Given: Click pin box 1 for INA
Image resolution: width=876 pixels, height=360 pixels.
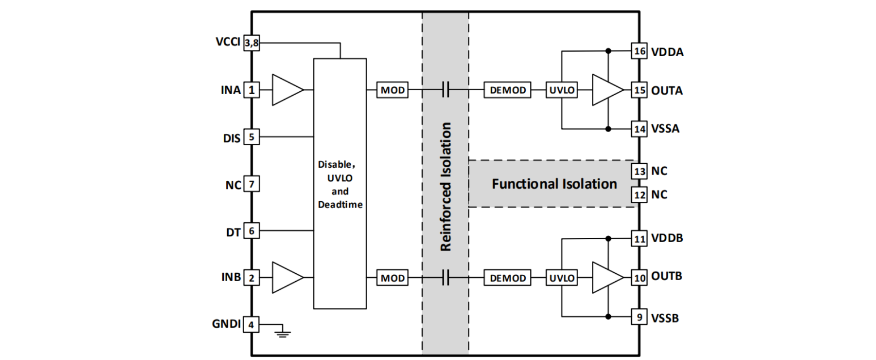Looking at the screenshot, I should point(252,90).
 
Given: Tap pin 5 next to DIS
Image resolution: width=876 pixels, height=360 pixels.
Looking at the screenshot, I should point(252,137).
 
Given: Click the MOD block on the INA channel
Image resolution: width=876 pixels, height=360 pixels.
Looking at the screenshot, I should point(393,90).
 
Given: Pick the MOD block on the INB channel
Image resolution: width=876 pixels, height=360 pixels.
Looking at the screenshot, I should point(393,278).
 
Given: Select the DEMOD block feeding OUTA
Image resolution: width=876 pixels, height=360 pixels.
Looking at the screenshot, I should point(507,90).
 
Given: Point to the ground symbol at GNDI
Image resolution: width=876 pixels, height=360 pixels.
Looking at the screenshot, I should point(281,332).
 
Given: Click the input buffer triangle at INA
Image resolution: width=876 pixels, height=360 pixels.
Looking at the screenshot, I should point(287,90).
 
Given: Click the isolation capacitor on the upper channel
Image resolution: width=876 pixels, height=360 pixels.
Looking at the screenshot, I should point(445,90).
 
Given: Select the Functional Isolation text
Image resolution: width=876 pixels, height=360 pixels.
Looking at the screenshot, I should point(554,184).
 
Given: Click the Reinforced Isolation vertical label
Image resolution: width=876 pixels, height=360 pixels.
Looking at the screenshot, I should point(445,187).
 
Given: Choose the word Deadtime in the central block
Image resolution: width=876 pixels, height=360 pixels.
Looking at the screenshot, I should point(340,204).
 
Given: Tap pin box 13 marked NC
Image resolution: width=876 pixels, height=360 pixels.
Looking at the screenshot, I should point(640,171).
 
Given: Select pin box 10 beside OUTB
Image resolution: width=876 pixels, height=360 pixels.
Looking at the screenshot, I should point(640,278).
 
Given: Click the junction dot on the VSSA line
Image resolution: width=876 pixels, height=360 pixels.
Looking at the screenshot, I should point(608,129).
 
